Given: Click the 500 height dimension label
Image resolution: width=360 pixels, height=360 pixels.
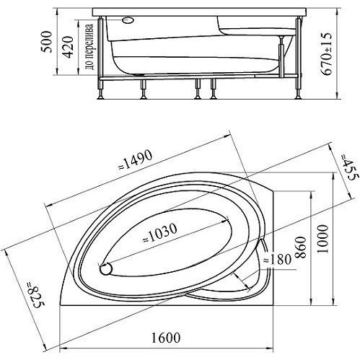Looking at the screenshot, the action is pos(46,41).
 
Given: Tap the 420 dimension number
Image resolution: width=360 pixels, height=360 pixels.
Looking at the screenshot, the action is pos(68,47).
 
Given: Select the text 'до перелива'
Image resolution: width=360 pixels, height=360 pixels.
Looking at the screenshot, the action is pos(89,47).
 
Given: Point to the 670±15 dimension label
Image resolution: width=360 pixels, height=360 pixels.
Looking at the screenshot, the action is pos(327,53).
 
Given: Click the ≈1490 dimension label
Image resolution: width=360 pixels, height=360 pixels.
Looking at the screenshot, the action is pos(136,159).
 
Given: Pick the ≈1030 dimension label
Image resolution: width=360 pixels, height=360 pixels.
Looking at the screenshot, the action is pos(160,233).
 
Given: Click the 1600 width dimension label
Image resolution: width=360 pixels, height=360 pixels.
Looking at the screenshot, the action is pos(166,338).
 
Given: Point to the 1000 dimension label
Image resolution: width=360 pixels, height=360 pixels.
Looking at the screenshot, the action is pos(322,239).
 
